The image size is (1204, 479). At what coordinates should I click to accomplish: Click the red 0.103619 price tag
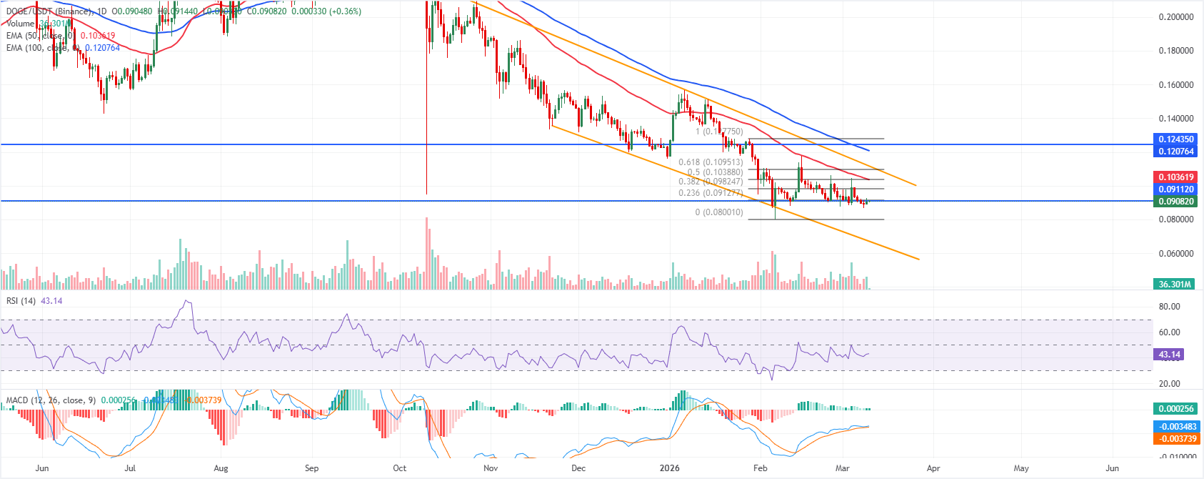pyautogui.click(x=1175, y=177)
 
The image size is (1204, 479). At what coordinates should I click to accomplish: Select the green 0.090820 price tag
pyautogui.click(x=1175, y=202)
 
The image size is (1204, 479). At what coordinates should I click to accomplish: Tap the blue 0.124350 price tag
pyautogui.click(x=1175, y=139)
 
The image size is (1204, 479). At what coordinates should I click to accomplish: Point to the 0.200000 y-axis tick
pyautogui.click(x=1175, y=17)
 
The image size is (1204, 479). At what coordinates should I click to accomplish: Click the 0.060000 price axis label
pyautogui.click(x=1175, y=254)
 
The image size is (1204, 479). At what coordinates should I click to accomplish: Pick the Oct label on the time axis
pyautogui.click(x=399, y=468)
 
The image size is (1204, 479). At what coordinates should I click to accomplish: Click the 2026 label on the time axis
pyautogui.click(x=670, y=468)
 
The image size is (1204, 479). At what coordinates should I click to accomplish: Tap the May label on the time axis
pyautogui.click(x=1021, y=468)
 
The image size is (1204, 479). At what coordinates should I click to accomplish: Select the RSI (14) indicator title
pyautogui.click(x=21, y=301)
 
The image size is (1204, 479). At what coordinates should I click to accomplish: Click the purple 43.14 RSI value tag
pyautogui.click(x=1169, y=355)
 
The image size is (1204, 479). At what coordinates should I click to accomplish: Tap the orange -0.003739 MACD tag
pyautogui.click(x=1175, y=439)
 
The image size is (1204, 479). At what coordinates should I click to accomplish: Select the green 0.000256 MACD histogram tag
pyautogui.click(x=1175, y=409)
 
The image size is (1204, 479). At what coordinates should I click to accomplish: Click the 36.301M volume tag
pyautogui.click(x=1175, y=285)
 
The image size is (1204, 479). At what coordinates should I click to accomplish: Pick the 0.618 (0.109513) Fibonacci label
pyautogui.click(x=710, y=162)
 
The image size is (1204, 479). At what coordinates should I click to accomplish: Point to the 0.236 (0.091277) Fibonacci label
pyautogui.click(x=710, y=193)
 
